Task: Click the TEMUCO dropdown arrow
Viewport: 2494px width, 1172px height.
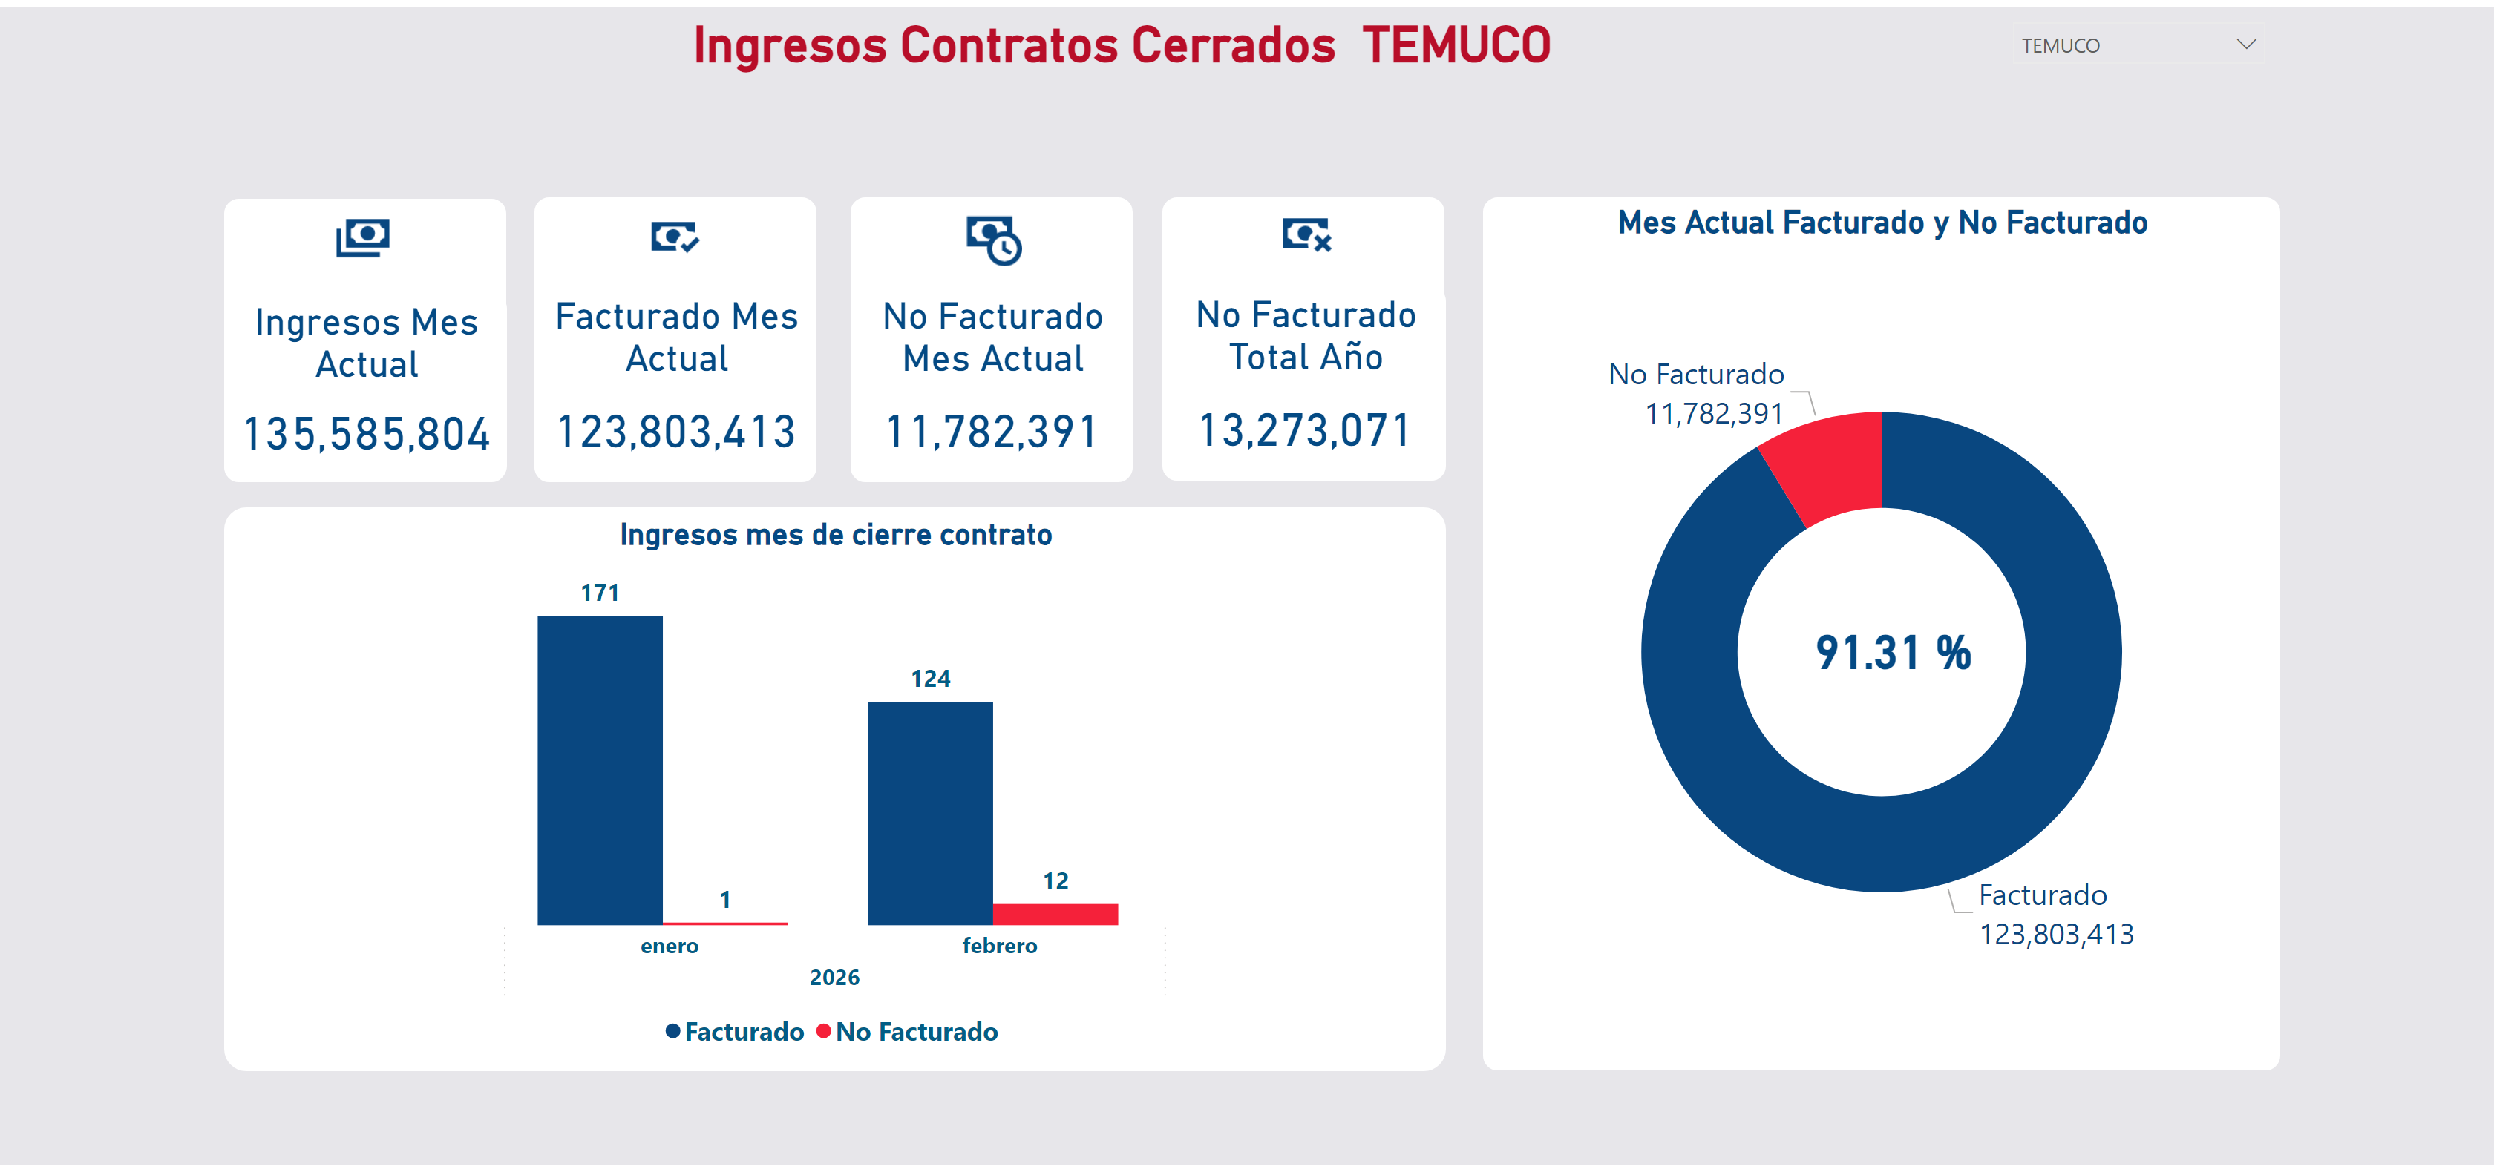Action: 2246,45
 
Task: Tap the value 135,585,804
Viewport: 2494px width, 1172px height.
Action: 366,434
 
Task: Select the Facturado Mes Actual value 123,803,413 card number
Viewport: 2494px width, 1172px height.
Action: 675,432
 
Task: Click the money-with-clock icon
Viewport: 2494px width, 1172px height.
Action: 993,239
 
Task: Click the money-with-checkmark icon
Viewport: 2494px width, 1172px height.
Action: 675,236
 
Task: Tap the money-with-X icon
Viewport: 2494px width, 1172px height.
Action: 1306,234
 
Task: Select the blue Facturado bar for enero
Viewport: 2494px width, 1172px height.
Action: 600,769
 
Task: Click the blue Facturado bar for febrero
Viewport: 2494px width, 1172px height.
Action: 929,813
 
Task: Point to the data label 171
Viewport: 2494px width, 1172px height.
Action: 600,592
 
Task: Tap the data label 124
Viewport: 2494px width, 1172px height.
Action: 929,679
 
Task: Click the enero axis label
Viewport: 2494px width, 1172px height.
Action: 669,946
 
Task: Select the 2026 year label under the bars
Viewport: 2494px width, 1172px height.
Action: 834,978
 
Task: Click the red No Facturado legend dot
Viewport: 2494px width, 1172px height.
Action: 823,1032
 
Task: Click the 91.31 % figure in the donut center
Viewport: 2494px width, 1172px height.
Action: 1893,654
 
